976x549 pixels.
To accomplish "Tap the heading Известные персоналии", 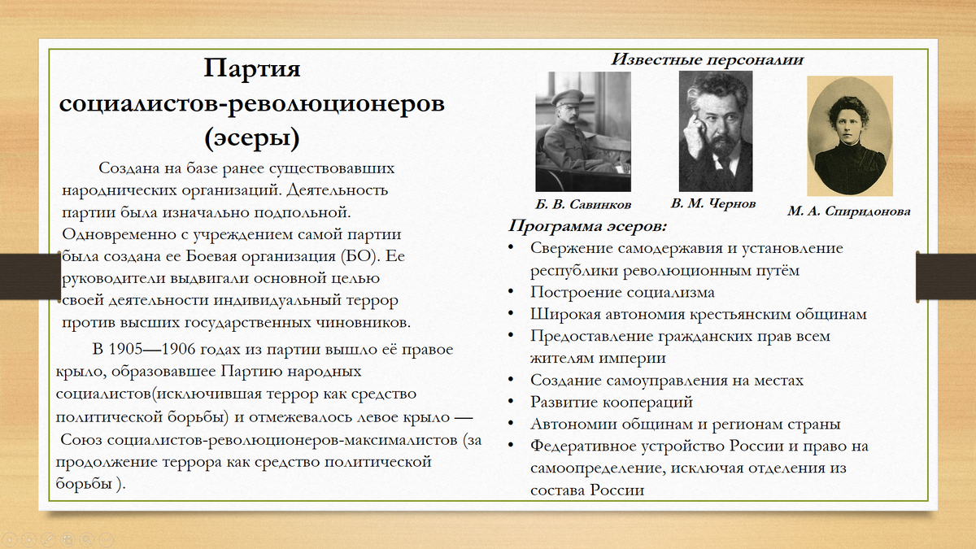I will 707,59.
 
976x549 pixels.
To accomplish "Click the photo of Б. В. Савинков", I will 583,132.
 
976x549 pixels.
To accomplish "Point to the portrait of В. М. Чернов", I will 716,130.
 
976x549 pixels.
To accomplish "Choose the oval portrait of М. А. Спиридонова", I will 849,136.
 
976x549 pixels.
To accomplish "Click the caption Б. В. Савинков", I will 582,203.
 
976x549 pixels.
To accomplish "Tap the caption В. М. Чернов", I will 714,203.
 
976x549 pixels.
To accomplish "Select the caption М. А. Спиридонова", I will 848,211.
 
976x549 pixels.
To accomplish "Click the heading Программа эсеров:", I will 588,226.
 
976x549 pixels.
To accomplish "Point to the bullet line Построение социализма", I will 622,292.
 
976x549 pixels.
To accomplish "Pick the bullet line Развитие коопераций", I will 611,402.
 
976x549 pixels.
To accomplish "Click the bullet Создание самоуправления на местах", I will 667,380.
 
